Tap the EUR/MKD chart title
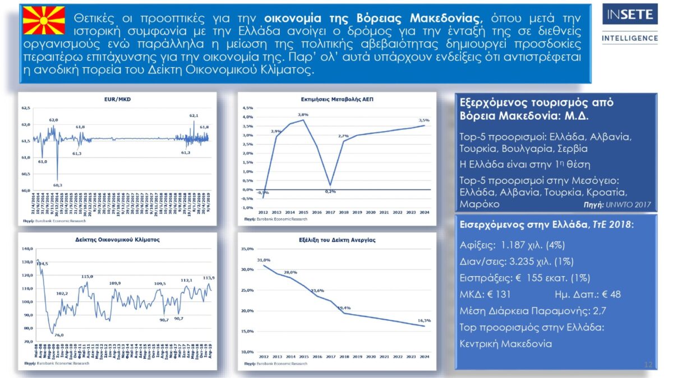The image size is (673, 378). pyautogui.click(x=117, y=99)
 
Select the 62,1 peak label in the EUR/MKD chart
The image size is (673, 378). pyautogui.click(x=194, y=115)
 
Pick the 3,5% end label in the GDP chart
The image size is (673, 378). pyautogui.click(x=424, y=120)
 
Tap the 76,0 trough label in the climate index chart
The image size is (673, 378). pyautogui.click(x=59, y=335)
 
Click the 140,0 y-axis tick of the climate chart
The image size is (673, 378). pyautogui.click(x=27, y=249)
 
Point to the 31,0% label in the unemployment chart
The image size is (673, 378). pyautogui.click(x=264, y=260)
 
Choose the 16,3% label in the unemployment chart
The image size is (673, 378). pyautogui.click(x=424, y=320)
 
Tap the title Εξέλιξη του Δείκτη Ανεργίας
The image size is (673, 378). pyautogui.click(x=337, y=240)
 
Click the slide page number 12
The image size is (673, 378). pyautogui.click(x=648, y=365)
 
